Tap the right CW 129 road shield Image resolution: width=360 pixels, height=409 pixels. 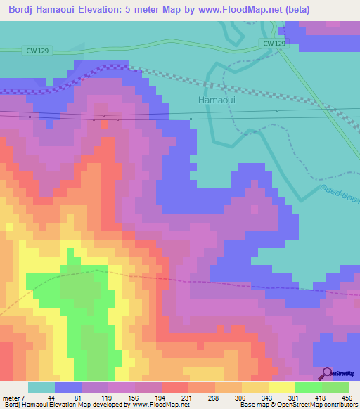pyautogui.click(x=276, y=44)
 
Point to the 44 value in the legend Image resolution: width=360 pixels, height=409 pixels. pyautogui.click(x=51, y=398)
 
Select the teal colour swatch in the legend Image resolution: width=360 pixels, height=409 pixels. pyautogui.click(x=41, y=387)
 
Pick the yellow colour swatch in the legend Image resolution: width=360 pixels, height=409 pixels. pyautogui.click(x=281, y=387)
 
